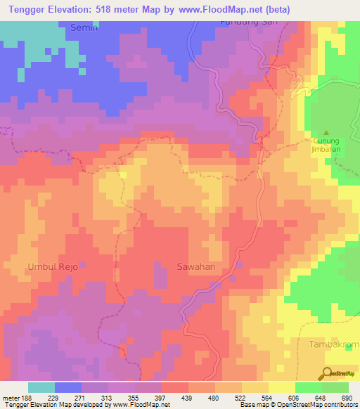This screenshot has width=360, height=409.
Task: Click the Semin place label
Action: coord(85,27)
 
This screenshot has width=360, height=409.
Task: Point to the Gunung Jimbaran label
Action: coord(326,145)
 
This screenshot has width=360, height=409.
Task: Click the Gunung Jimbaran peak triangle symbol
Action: coord(326,132)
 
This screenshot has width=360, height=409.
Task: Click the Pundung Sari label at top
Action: coord(244,22)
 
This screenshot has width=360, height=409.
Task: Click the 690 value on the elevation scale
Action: coord(346,396)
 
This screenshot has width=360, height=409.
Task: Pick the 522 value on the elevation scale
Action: coord(239,396)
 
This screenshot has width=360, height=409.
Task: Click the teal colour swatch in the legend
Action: coord(41,387)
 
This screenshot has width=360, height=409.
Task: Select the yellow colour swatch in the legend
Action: coord(281,387)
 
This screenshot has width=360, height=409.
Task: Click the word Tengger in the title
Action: coord(30,10)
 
